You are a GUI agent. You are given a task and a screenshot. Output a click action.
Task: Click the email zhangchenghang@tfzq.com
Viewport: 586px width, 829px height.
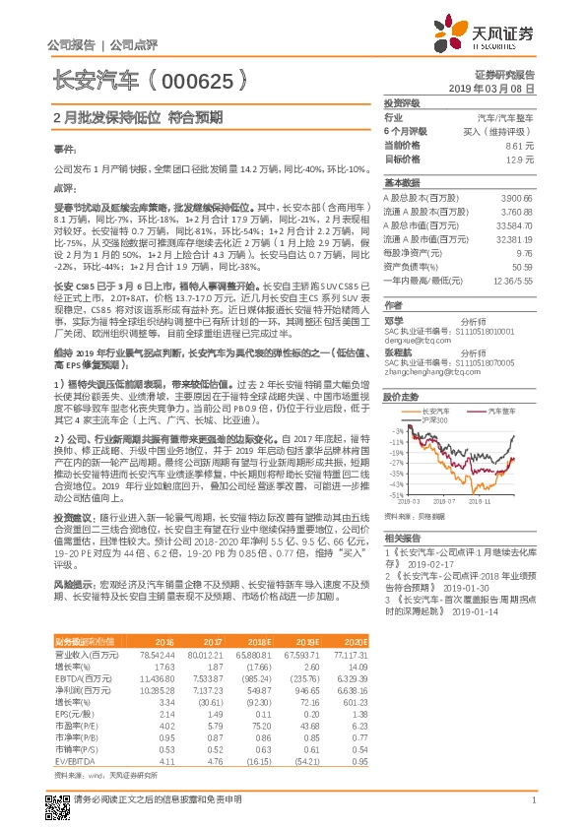(x=426, y=372)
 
